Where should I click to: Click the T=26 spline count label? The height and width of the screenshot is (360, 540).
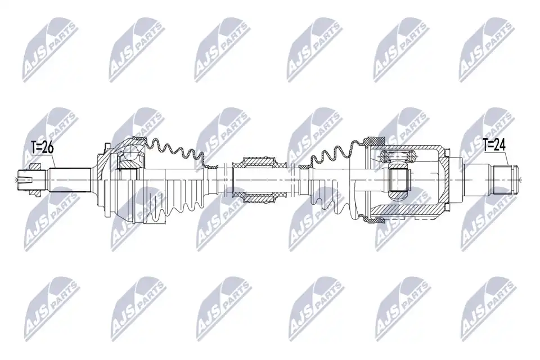(43, 148)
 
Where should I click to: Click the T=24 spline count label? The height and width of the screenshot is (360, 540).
(494, 145)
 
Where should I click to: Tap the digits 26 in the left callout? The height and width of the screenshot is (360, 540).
(48, 148)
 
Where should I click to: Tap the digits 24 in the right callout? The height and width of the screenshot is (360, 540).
(499, 145)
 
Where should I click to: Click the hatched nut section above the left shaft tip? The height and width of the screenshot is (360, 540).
(36, 167)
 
